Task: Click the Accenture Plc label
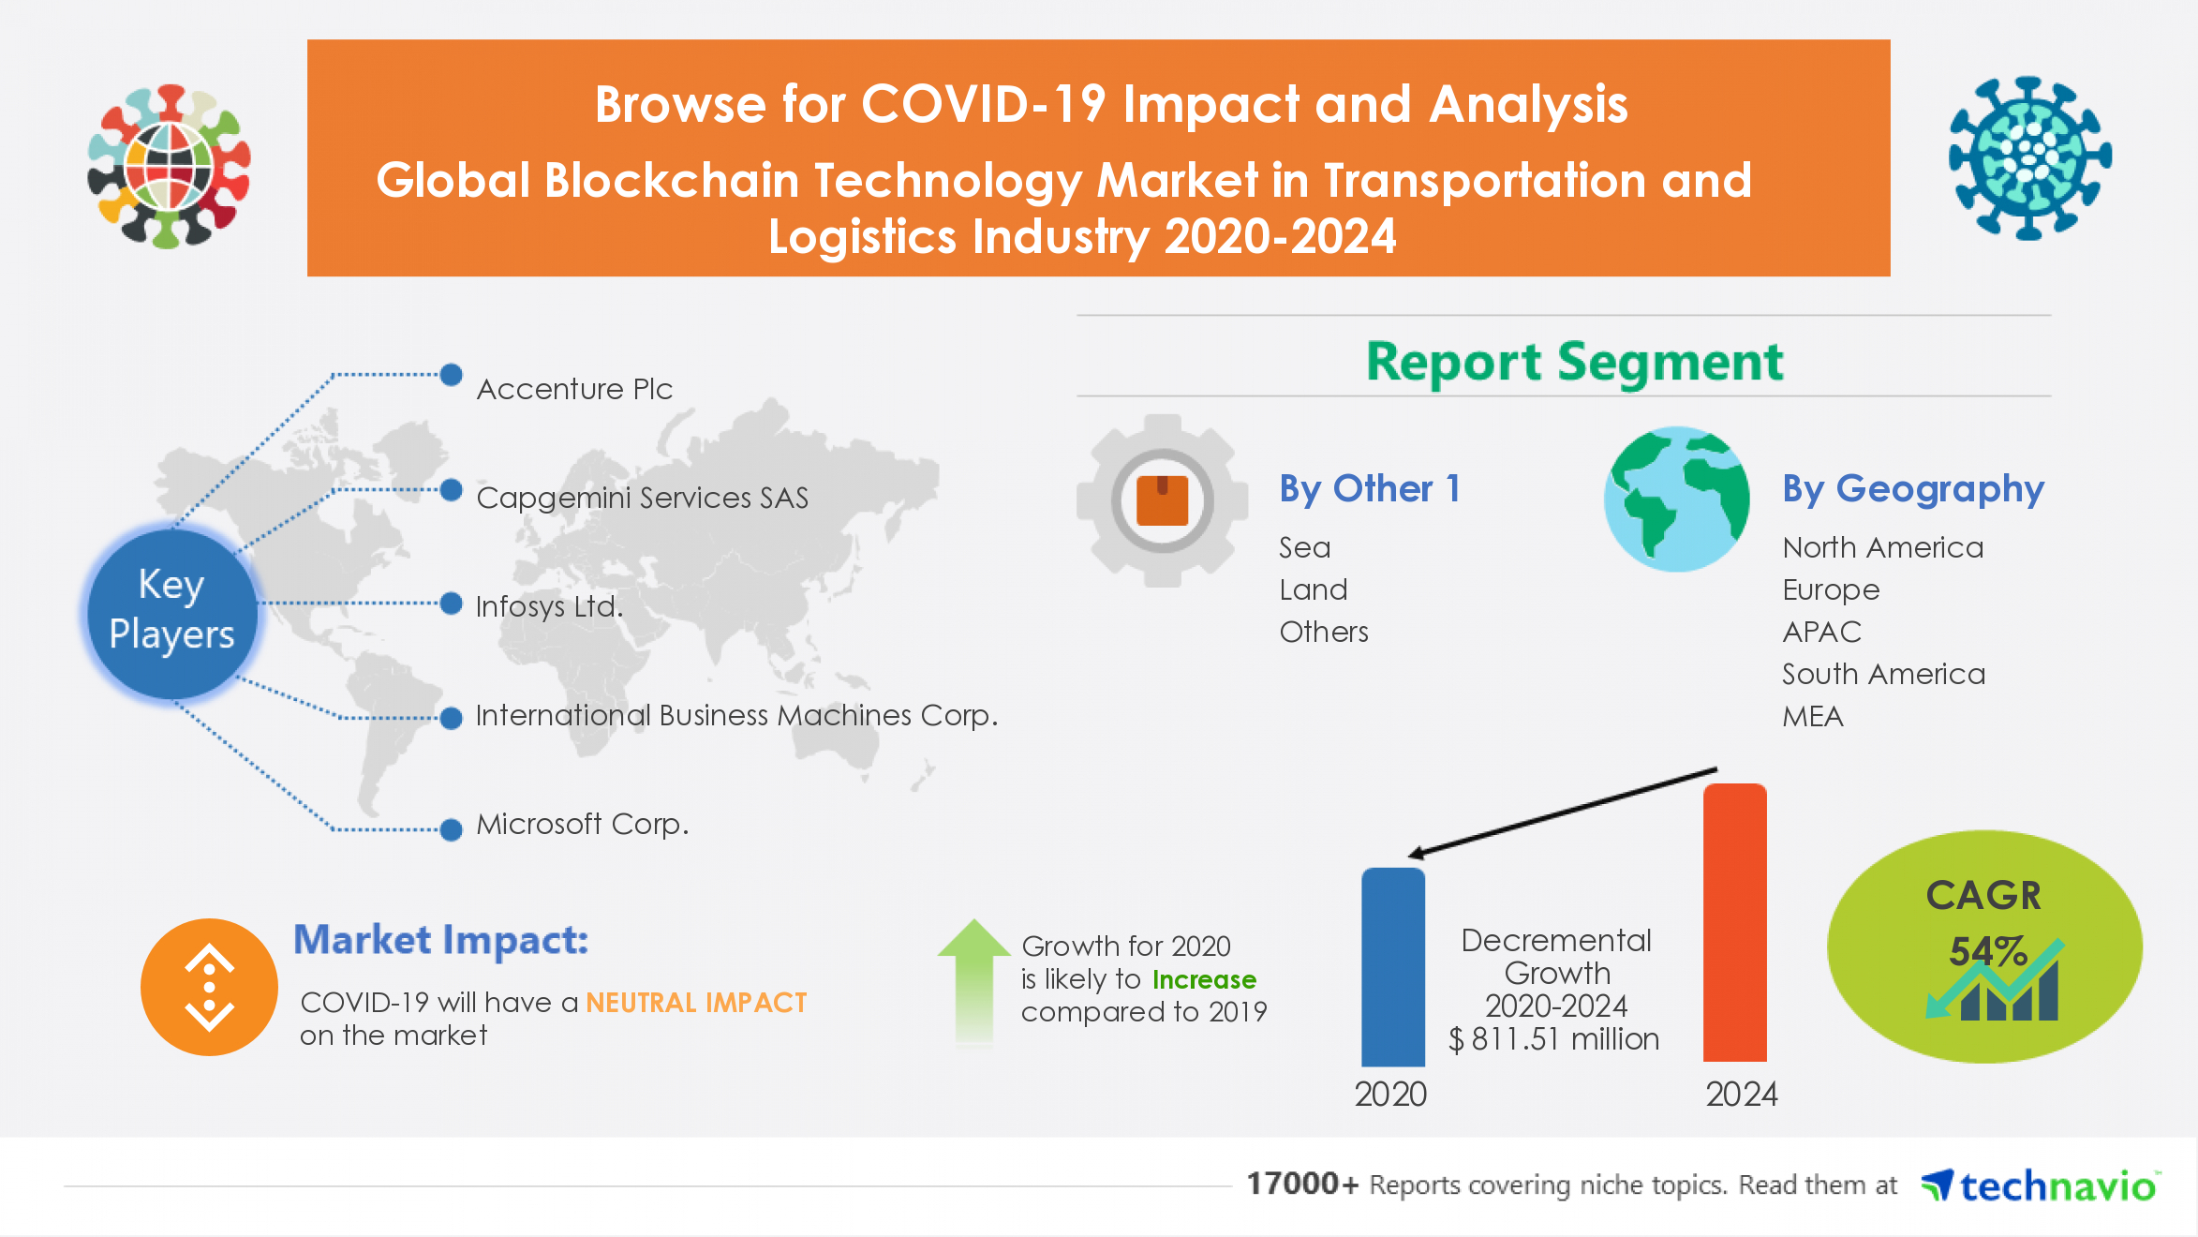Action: pyautogui.click(x=574, y=389)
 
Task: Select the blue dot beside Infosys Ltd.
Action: pyautogui.click(x=452, y=604)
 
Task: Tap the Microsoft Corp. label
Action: pyautogui.click(x=582, y=825)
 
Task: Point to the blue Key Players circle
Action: pyautogui.click(x=171, y=611)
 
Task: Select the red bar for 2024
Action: pyautogui.click(x=1734, y=923)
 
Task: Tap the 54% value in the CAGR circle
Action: pyautogui.click(x=1987, y=952)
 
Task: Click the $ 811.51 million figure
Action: pyautogui.click(x=1553, y=1039)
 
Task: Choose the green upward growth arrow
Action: pyautogui.click(x=973, y=980)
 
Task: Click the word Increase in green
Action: pyautogui.click(x=1204, y=979)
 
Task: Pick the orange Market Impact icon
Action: pyautogui.click(x=209, y=987)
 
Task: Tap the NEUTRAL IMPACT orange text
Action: pyautogui.click(x=696, y=1003)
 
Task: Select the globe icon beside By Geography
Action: pyautogui.click(x=1676, y=499)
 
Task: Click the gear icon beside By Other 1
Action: pyautogui.click(x=1162, y=500)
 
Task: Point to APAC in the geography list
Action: pyautogui.click(x=1821, y=633)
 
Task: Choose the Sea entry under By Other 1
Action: pyautogui.click(x=1304, y=548)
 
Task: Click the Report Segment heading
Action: pyautogui.click(x=1574, y=362)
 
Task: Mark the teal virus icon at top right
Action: pyautogui.click(x=2029, y=157)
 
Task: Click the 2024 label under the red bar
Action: pyautogui.click(x=1741, y=1095)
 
